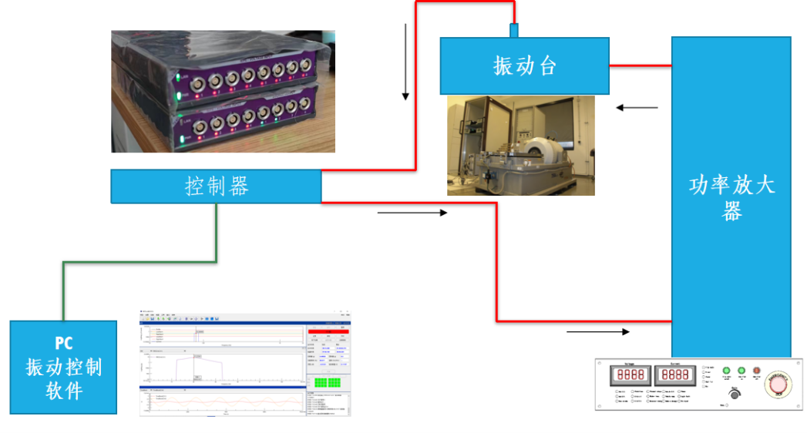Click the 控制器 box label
tap(217, 186)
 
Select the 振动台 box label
tap(524, 66)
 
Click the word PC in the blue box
tap(64, 344)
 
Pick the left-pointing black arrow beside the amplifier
tap(637, 108)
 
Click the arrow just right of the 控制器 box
tap(412, 213)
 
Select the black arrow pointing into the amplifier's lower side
tap(598, 332)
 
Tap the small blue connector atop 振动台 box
tap(513, 30)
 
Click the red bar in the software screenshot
tap(329, 331)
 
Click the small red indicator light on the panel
tap(757, 371)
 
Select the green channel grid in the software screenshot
tap(328, 382)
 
